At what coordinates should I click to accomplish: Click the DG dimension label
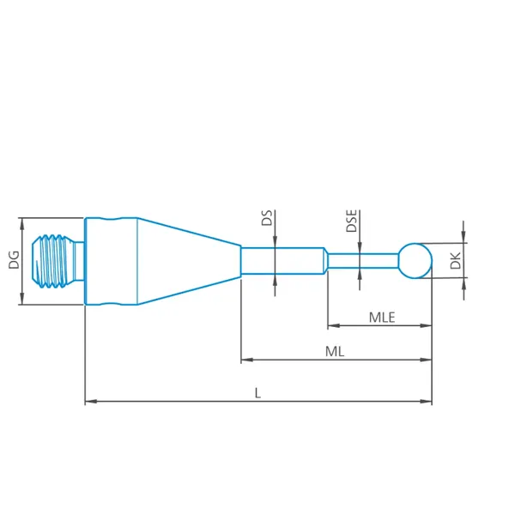pos(14,260)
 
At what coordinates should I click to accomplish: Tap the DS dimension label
pos(267,218)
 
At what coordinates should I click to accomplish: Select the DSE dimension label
pos(351,221)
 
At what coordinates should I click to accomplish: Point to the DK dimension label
pos(456,261)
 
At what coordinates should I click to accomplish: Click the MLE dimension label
pos(382,318)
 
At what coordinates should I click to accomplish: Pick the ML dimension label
pos(335,352)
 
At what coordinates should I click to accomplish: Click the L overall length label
pos(257,393)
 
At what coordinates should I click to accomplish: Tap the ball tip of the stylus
pos(415,261)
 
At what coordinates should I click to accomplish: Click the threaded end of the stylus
pos(51,261)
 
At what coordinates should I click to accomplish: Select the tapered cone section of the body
pos(189,261)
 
